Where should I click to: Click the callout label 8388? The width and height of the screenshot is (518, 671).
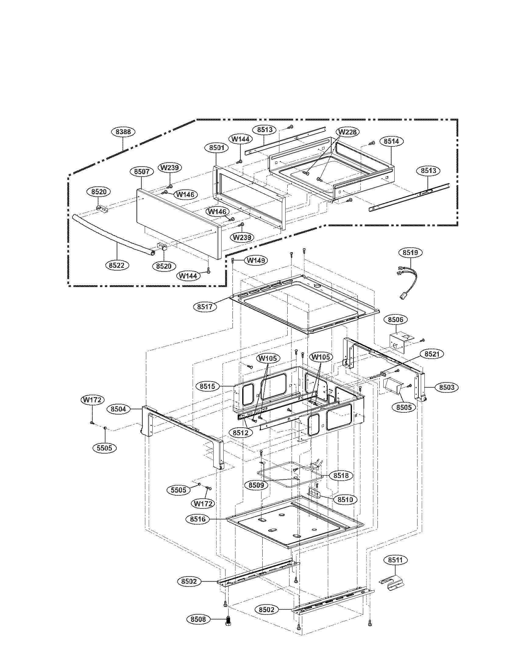[123, 132]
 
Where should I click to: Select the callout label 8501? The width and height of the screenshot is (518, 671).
[217, 148]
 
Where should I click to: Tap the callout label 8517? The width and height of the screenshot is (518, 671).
[205, 306]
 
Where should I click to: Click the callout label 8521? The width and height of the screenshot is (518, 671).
[432, 354]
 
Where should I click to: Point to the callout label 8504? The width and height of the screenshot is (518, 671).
[119, 409]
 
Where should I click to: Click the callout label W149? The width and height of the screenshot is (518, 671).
[256, 260]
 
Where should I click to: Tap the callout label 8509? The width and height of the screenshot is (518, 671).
[256, 485]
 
